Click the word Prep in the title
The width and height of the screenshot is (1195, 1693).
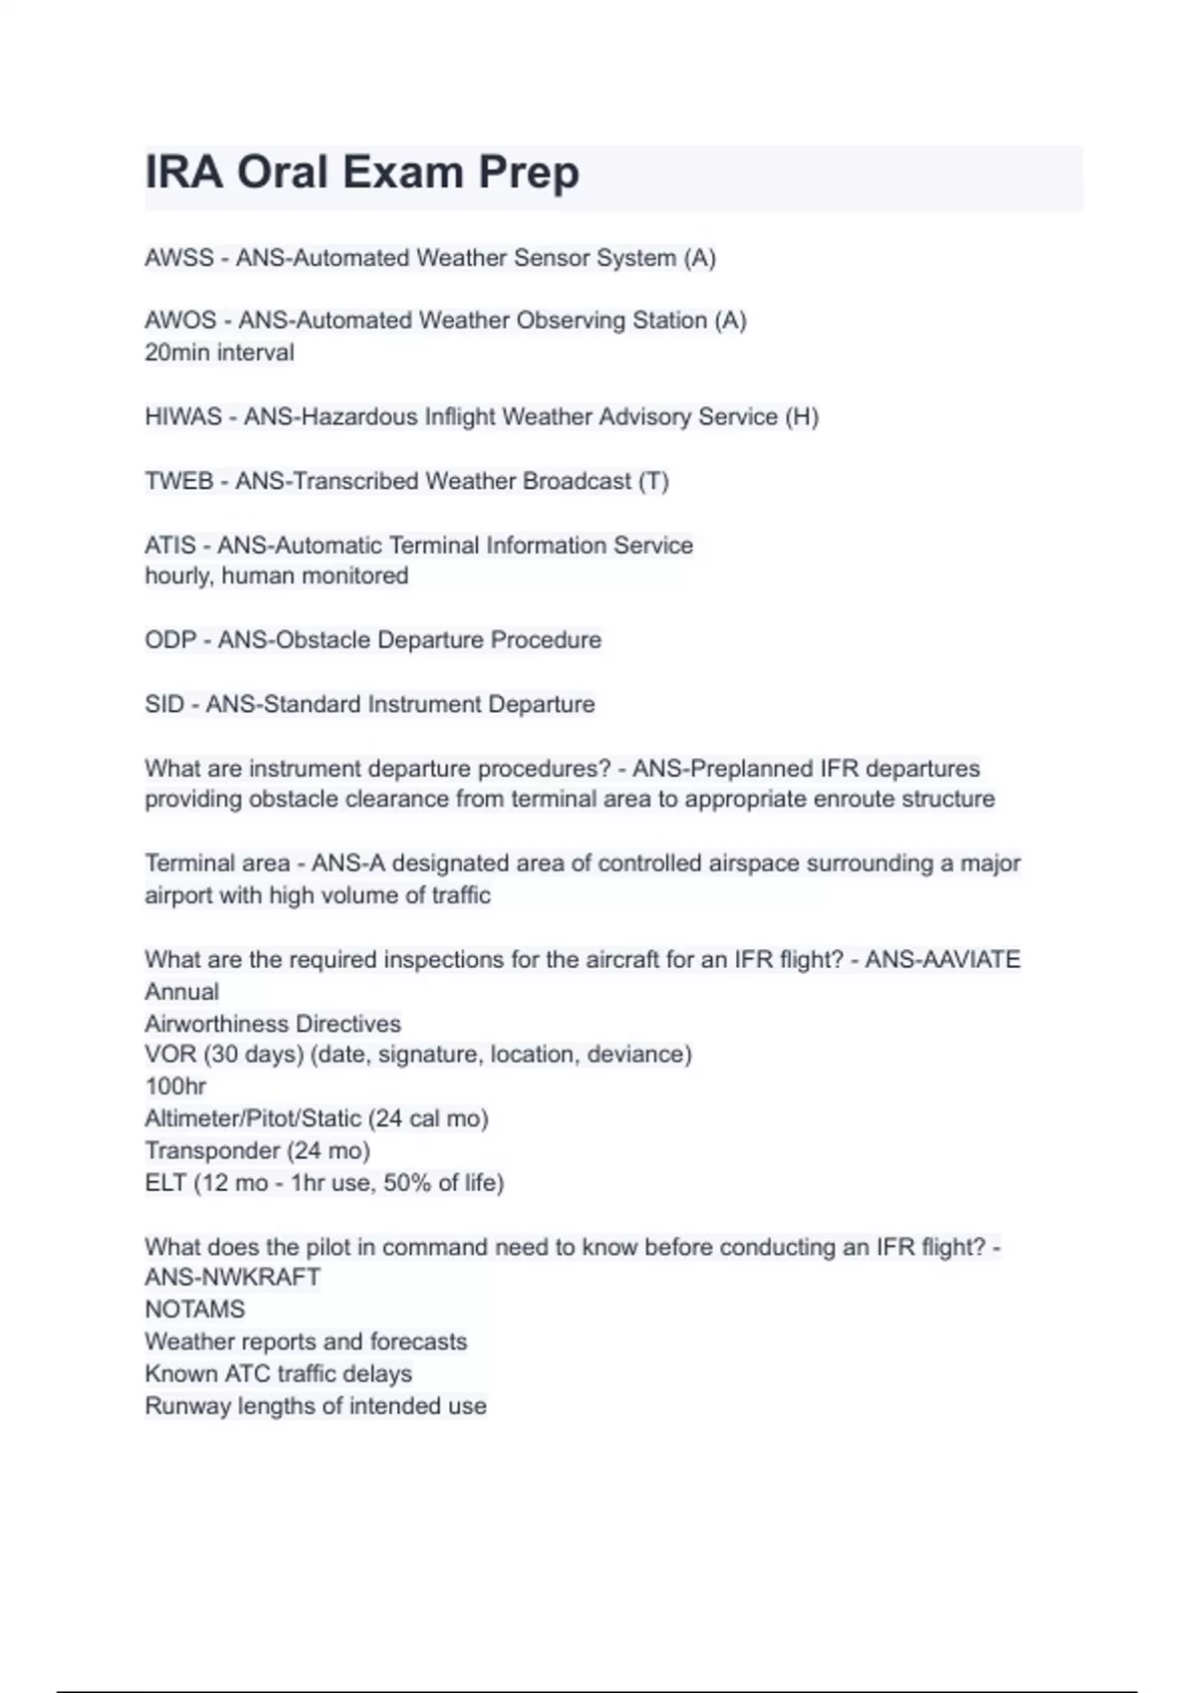click(529, 172)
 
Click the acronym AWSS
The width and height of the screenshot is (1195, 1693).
click(179, 258)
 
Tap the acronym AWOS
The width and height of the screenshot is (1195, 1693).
click(180, 321)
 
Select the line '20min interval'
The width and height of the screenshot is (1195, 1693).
click(219, 353)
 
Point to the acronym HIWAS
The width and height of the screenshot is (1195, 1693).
click(183, 416)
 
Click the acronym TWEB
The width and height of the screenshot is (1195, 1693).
click(179, 481)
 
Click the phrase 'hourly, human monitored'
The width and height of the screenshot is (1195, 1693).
click(276, 576)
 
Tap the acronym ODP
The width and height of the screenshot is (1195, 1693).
click(170, 639)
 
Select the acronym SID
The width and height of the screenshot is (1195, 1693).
click(164, 704)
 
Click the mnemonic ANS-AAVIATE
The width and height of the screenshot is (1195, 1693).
click(942, 960)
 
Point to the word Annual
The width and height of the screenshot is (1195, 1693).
click(181, 992)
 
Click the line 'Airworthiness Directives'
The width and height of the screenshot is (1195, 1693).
click(273, 1024)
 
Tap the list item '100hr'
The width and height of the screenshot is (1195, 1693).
click(175, 1087)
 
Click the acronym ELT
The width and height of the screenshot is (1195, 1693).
click(165, 1183)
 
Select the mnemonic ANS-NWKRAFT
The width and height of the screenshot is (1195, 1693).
click(232, 1278)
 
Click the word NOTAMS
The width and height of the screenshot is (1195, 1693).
click(194, 1310)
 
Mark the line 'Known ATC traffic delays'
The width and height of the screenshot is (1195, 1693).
click(278, 1374)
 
